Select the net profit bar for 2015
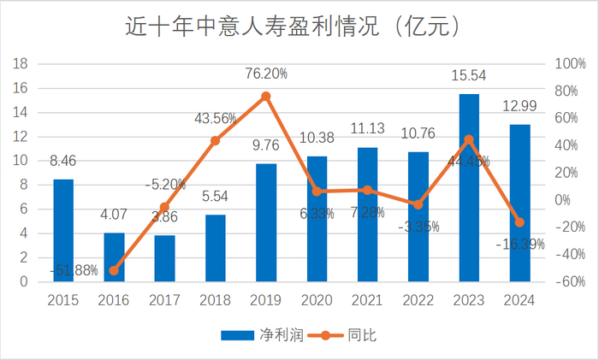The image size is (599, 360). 63,230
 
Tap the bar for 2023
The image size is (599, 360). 469,187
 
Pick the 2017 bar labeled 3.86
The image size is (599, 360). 164,257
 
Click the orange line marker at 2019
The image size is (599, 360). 266,97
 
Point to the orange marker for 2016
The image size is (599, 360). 114,270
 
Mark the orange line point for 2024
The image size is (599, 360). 519,222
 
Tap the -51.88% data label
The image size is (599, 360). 73,271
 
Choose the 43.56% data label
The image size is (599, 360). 215,117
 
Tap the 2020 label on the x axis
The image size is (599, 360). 317,299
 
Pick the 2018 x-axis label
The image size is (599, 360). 215,299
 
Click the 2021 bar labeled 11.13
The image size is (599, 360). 367,214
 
